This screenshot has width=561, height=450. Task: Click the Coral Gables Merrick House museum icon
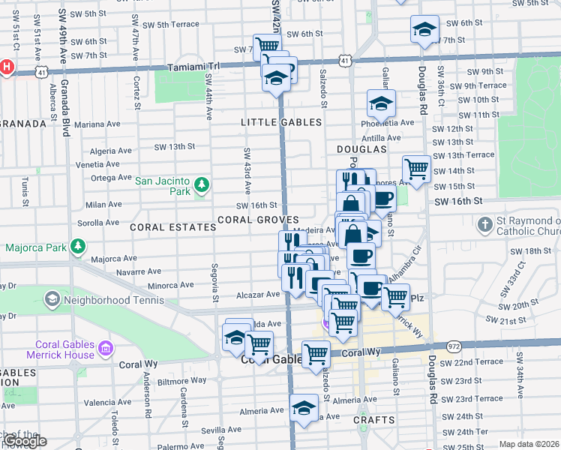coord(105,348)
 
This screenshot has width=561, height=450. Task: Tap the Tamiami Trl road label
coord(209,66)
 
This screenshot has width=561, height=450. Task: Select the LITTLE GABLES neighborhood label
coord(281,122)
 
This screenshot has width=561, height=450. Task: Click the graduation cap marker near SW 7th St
coord(424,30)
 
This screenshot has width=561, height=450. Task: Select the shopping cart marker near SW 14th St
coord(416,168)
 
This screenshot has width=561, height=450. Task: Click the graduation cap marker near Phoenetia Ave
coord(381,103)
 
